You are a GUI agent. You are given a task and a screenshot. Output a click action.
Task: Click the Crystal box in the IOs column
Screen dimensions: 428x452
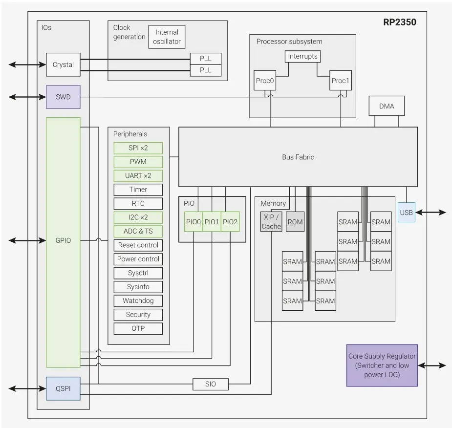(x=63, y=64)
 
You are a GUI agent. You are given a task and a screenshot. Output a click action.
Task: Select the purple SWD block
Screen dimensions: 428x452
(x=63, y=97)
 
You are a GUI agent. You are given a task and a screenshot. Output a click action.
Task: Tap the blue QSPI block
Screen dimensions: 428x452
(x=63, y=388)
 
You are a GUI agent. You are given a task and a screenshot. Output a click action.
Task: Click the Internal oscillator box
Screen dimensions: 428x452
(x=167, y=37)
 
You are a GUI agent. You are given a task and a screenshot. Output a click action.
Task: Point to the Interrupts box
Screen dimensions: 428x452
(x=302, y=56)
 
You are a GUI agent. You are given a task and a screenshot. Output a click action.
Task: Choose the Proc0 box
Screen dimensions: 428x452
(x=265, y=81)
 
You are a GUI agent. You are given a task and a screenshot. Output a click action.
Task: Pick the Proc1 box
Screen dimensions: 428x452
(x=340, y=81)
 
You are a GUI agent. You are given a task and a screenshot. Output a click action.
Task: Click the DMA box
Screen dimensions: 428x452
(x=387, y=106)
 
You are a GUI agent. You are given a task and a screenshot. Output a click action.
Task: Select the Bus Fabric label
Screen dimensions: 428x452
(x=298, y=157)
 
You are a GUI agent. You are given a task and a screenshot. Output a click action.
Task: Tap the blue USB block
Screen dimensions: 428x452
(x=406, y=213)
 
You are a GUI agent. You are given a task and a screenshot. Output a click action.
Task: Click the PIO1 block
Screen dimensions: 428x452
(x=212, y=222)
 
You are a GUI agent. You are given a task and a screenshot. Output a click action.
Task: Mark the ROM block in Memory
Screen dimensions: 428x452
(x=295, y=222)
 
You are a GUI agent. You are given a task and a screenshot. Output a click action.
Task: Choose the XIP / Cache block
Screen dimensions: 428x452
(x=271, y=222)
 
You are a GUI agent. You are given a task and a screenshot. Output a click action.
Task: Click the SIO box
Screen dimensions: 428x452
(x=211, y=384)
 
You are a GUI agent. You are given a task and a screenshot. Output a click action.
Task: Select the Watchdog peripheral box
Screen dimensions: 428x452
(x=138, y=300)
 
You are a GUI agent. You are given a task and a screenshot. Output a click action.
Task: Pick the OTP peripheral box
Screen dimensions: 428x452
(x=138, y=328)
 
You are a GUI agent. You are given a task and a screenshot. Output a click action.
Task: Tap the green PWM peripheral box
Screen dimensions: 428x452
(x=138, y=162)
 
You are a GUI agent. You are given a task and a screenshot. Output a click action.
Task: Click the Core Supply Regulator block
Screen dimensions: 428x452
(x=382, y=365)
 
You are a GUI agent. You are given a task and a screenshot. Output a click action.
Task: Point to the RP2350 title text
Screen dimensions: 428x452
(x=400, y=22)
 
